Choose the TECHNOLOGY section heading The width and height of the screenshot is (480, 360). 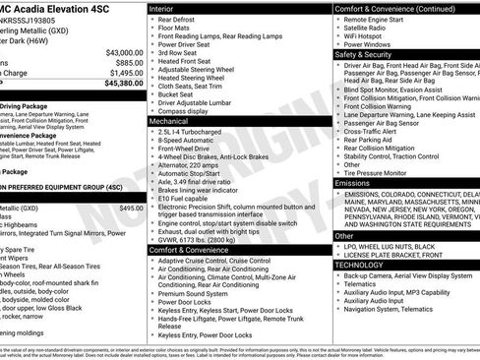[360, 265]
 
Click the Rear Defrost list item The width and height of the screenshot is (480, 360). [180, 19]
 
